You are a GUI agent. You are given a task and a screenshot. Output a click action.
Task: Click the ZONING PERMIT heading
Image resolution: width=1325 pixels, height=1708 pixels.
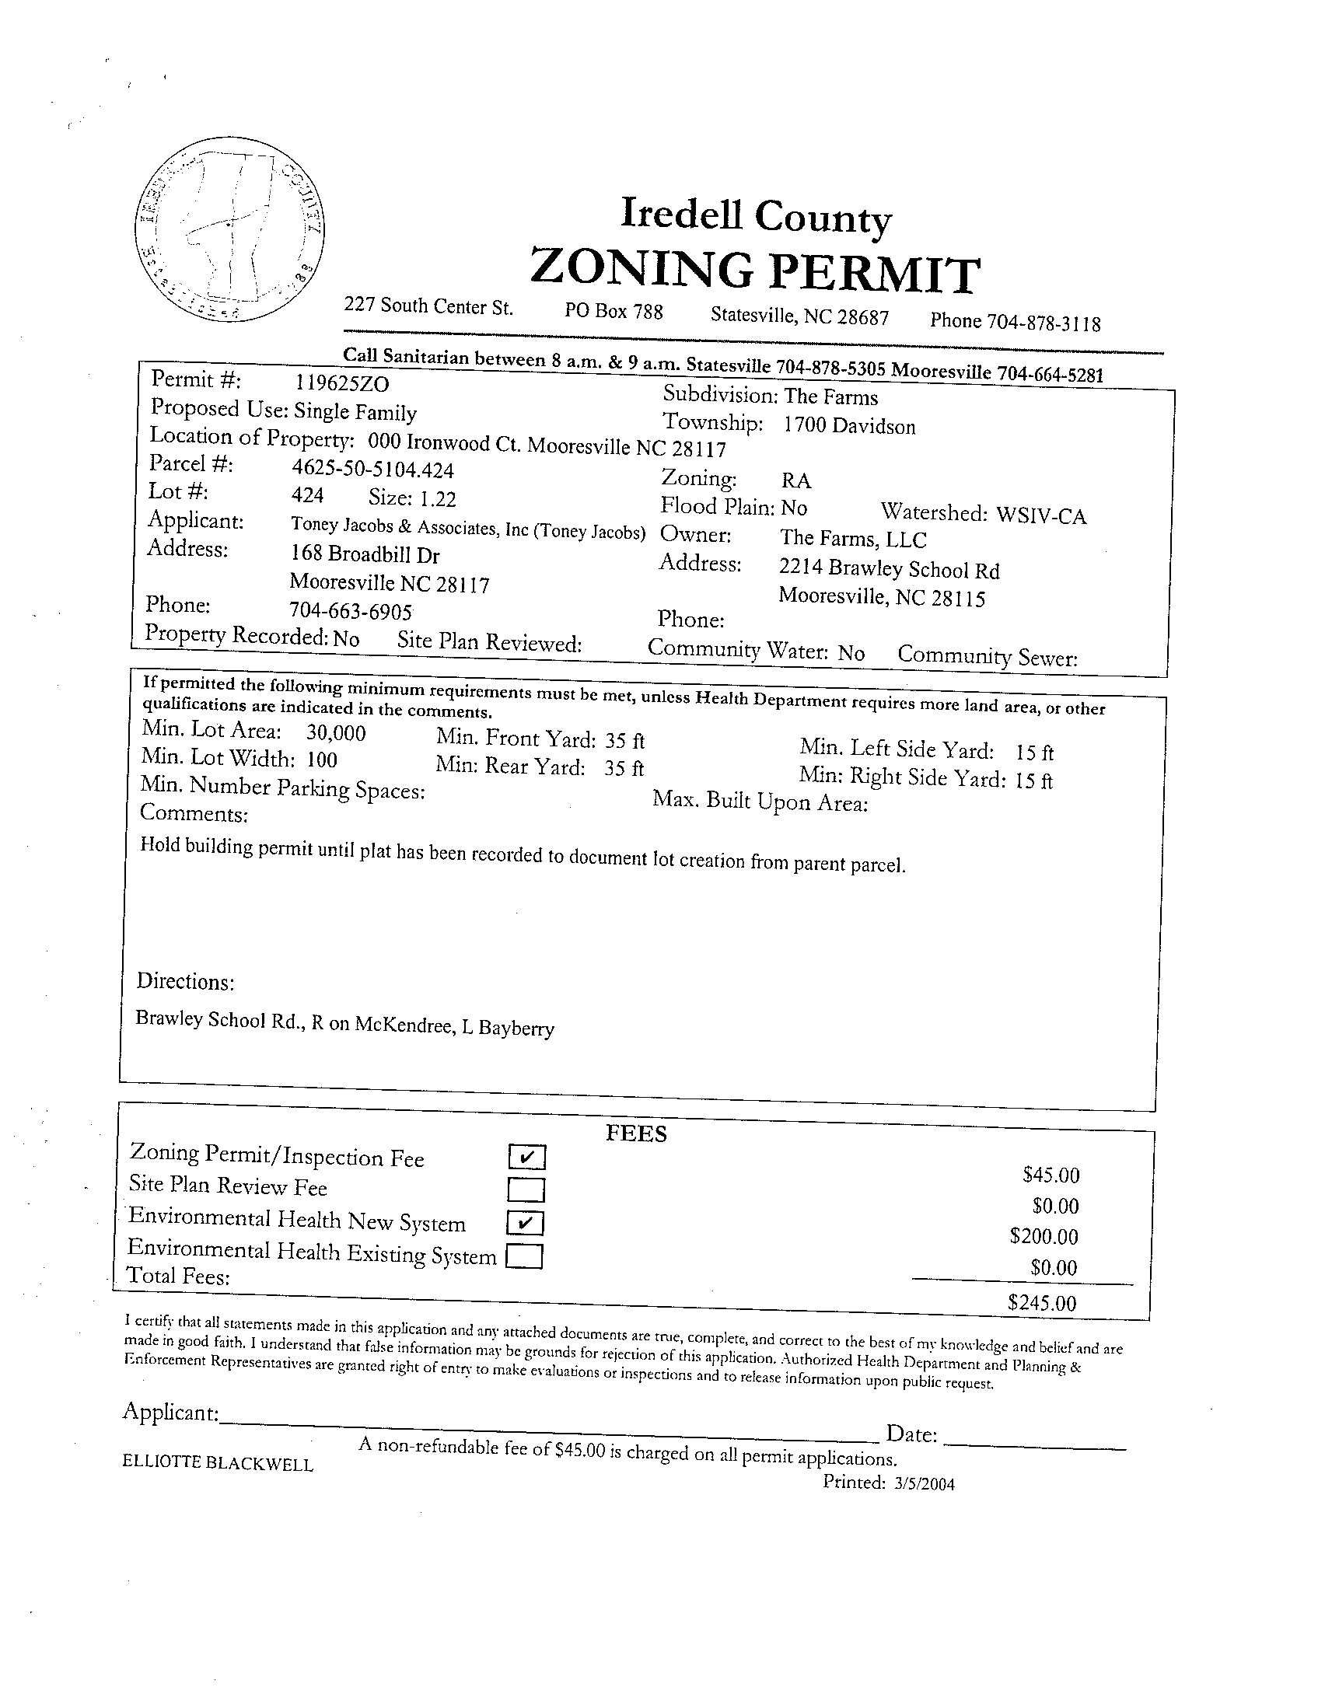pos(754,271)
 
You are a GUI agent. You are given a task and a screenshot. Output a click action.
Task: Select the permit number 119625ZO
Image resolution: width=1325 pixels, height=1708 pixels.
pos(342,383)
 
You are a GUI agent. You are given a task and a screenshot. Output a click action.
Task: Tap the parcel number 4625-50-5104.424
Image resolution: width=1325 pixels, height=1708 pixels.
pos(372,470)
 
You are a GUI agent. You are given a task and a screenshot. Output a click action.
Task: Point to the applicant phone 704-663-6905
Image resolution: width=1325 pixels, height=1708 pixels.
pos(351,610)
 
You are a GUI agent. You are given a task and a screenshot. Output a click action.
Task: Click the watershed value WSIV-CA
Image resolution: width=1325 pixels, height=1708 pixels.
pos(1041,516)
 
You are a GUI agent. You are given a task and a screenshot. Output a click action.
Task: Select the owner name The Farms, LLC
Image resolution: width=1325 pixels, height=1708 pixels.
pos(852,539)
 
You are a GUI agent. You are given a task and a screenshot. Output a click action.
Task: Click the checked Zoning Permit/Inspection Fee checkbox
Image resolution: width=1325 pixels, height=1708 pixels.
pos(526,1156)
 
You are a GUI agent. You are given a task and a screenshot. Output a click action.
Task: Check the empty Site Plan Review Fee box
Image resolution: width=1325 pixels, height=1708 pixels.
pos(526,1189)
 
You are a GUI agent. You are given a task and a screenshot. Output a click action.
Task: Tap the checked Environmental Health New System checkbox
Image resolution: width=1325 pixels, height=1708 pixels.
pos(525,1221)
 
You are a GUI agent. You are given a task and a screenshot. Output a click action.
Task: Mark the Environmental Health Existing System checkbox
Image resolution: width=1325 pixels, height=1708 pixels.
pos(524,1256)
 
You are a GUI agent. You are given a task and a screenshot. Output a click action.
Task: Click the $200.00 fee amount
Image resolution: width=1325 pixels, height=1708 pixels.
pos(1044,1236)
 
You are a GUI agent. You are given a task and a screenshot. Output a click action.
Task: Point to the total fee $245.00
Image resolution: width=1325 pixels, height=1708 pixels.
pos(1042,1302)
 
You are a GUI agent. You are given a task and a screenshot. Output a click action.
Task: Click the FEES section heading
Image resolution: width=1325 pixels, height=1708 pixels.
pos(636,1134)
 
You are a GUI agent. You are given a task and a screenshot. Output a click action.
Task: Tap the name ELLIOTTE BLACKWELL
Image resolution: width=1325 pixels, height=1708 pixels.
pos(218,1463)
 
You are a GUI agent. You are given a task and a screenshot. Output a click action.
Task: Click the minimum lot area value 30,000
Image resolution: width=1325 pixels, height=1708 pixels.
pos(336,733)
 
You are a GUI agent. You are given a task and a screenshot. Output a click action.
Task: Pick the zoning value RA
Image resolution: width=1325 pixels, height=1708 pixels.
pos(795,480)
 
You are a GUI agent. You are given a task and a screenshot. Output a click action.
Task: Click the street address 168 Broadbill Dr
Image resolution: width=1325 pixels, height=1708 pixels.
pos(364,554)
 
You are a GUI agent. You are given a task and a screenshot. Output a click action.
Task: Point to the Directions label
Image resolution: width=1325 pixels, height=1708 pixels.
pos(185,981)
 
